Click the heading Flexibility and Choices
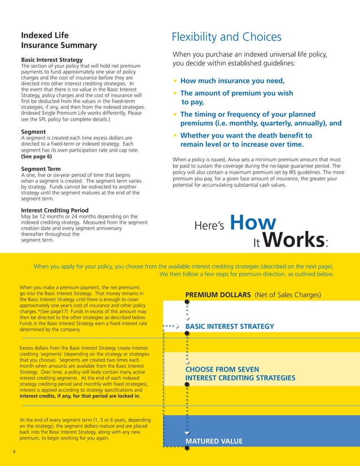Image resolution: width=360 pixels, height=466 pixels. [226, 37]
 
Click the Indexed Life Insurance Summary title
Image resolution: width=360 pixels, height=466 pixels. [59, 40]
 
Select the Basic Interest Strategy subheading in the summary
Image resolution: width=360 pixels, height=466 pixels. [52, 60]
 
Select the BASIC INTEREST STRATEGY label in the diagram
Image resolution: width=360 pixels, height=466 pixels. [230, 326]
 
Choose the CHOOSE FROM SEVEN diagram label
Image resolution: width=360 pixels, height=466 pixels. [222, 370]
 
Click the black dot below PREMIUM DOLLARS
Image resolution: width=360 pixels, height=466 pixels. [187, 302]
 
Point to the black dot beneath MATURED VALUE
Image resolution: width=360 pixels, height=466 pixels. [187, 448]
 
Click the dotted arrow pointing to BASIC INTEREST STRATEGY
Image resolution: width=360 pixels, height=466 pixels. [171, 326]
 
